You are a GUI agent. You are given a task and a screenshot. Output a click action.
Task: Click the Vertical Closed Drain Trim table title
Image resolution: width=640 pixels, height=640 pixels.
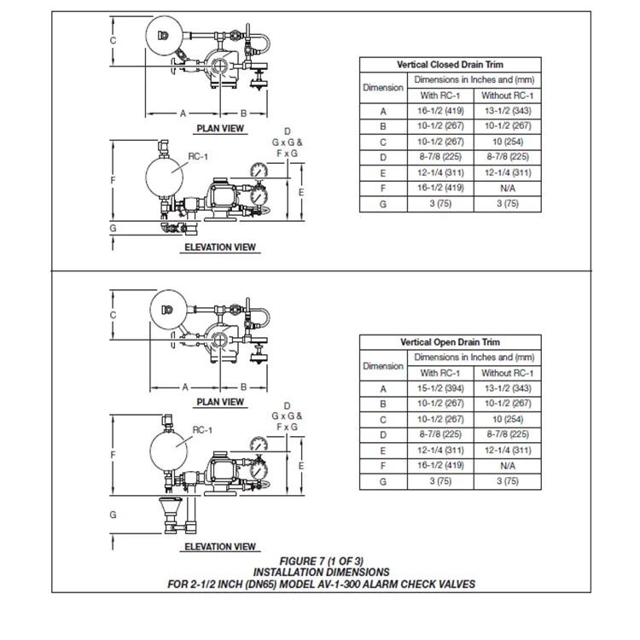(450, 64)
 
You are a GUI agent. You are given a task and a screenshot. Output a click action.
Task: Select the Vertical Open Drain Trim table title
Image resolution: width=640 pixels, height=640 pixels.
(450, 342)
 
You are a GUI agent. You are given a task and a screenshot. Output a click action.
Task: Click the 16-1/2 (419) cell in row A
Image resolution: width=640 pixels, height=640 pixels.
(441, 111)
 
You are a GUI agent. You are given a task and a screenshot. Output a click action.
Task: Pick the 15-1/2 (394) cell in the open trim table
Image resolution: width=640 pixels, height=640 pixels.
(441, 388)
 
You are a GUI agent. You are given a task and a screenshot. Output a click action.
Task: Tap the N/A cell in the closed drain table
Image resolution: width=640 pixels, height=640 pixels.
(508, 188)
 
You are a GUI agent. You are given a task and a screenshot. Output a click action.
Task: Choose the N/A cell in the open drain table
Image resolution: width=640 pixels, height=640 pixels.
(508, 466)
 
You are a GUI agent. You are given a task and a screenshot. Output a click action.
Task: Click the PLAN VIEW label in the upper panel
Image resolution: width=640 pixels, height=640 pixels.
(220, 129)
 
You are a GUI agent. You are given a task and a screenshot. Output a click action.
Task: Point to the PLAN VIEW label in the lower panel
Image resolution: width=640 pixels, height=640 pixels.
(220, 402)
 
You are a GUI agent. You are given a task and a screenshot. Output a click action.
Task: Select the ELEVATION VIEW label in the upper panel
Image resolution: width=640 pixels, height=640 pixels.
(220, 247)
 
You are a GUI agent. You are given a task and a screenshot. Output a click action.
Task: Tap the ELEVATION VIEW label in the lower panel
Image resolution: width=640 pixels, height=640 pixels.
(220, 547)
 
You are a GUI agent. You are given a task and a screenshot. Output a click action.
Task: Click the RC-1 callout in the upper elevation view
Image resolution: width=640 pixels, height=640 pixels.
(198, 157)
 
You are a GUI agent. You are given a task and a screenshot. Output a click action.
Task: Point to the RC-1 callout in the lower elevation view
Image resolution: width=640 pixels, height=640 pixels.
(202, 430)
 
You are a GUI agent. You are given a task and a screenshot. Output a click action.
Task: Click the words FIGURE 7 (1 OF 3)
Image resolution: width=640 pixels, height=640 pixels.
(322, 561)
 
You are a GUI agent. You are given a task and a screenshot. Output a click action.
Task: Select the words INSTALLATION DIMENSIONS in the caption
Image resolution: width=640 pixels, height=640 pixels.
(322, 572)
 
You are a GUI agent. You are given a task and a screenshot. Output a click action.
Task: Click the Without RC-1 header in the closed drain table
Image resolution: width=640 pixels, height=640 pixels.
(508, 96)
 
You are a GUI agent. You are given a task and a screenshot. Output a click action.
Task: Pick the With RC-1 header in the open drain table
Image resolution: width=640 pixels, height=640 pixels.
(441, 373)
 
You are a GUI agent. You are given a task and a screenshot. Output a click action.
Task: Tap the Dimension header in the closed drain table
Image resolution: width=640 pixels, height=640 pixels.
(383, 88)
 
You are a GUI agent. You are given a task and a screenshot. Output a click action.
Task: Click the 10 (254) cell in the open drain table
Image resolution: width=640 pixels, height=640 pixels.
(508, 419)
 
